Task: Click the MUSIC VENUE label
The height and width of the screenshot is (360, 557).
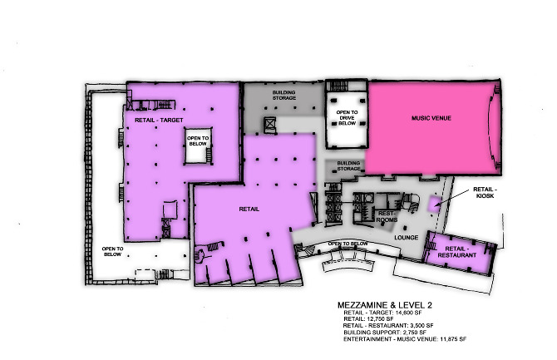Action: coord(431,119)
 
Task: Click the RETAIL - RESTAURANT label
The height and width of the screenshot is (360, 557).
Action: coord(460,252)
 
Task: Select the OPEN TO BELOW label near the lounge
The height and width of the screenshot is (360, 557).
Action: coord(348,244)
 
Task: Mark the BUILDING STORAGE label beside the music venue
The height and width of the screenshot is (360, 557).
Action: coord(349,165)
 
